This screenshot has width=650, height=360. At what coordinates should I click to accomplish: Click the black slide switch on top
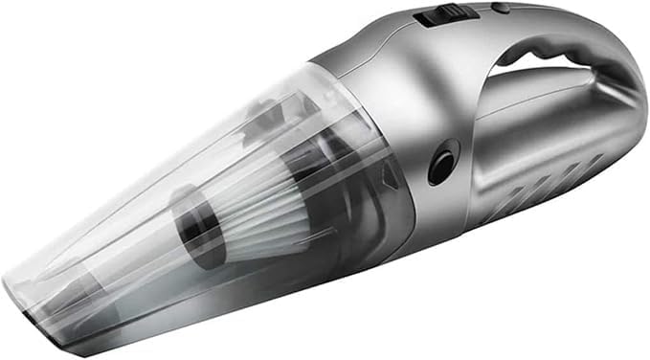click(441, 15)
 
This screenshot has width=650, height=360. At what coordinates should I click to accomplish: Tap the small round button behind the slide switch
click(500, 8)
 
